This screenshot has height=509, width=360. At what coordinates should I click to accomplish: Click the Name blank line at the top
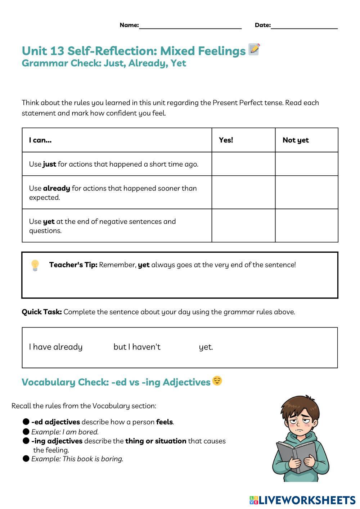190,26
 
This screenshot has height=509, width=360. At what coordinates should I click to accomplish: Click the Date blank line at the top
304,26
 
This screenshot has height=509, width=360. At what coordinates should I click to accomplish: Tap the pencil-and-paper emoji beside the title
254,49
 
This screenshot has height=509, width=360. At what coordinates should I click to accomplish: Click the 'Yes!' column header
226,140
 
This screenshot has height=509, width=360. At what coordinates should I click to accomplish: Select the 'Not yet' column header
296,140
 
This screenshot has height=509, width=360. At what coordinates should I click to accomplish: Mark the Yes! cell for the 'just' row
243,164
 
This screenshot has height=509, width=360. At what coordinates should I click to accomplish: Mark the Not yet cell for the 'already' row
307,193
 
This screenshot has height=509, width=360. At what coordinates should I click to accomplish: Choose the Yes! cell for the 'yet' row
243,226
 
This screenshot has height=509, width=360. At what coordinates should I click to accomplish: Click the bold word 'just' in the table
49,164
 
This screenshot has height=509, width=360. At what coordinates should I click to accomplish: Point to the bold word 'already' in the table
57,188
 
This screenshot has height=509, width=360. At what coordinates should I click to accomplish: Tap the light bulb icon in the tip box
35,265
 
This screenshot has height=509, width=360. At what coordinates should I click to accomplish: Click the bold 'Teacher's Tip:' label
73,265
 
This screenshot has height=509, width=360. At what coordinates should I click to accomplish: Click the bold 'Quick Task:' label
42,312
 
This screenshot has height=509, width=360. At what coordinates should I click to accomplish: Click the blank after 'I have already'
98,347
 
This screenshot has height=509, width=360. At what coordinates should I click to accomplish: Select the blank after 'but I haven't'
179,347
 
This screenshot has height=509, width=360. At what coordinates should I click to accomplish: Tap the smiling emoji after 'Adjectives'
217,381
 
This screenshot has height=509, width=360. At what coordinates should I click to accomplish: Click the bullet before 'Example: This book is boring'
26,459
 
